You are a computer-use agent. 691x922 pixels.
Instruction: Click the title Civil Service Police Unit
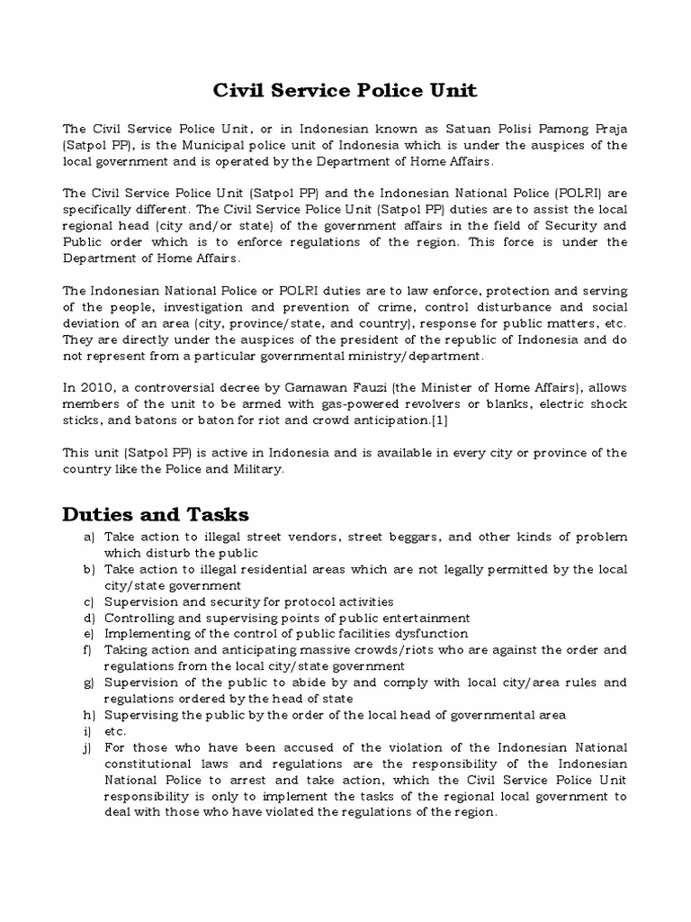click(345, 91)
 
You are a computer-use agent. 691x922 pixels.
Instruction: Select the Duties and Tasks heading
click(155, 514)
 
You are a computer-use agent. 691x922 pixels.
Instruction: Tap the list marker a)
click(88, 537)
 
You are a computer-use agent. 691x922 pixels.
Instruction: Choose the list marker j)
click(88, 748)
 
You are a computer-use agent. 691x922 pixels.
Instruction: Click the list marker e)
click(88, 633)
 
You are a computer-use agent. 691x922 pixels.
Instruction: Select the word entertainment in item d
click(420, 618)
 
